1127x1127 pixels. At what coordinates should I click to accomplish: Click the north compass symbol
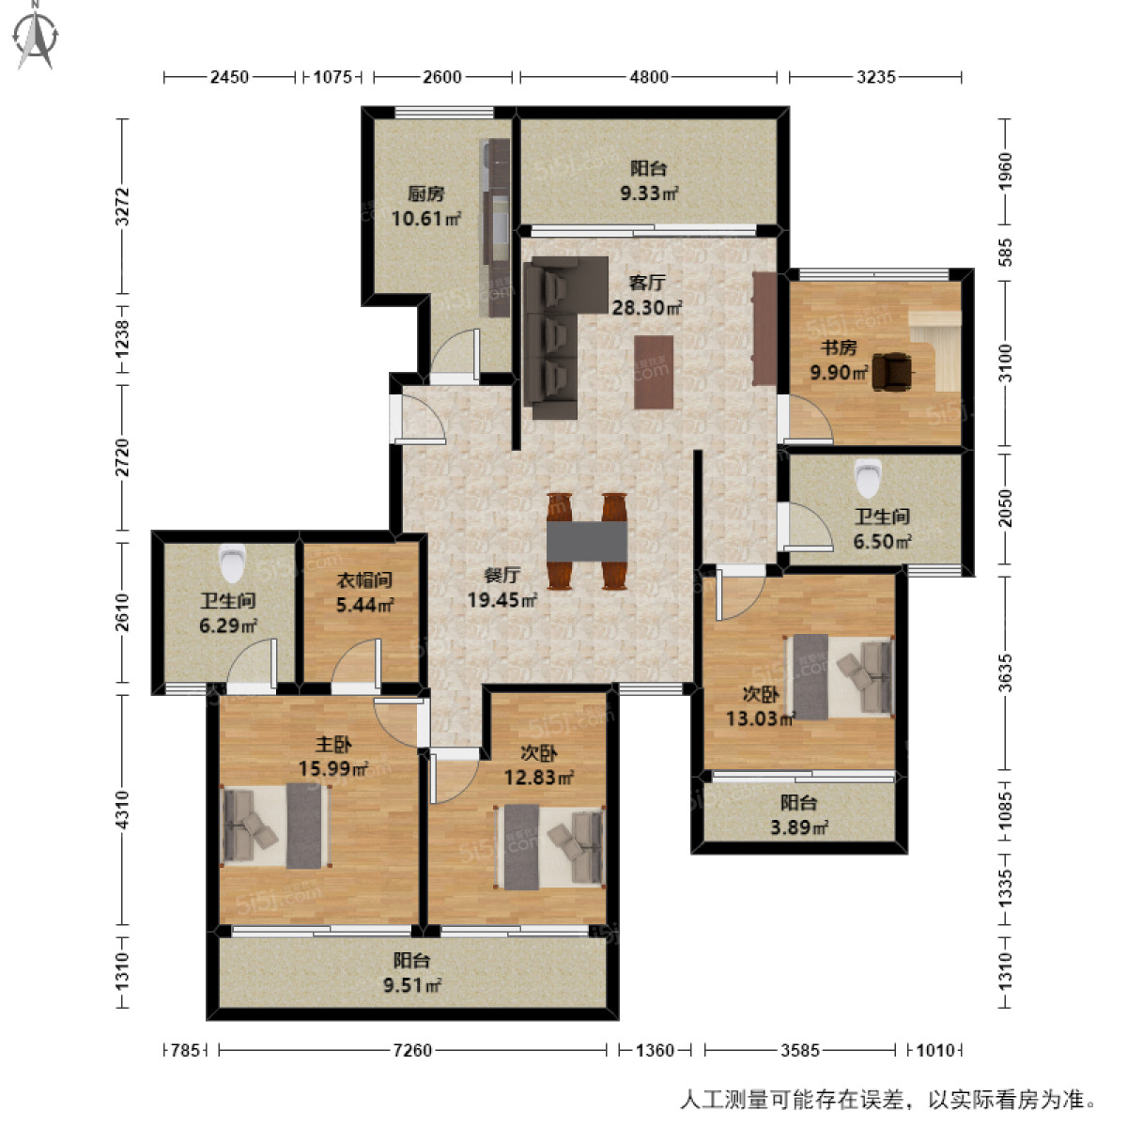pyautogui.click(x=36, y=36)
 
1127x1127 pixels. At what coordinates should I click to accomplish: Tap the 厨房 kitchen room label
pyautogui.click(x=425, y=194)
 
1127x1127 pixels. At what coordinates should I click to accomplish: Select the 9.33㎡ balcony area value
pyautogui.click(x=648, y=193)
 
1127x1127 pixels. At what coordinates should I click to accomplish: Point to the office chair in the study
pyautogui.click(x=891, y=371)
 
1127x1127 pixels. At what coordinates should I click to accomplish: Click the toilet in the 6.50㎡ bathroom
pyautogui.click(x=868, y=476)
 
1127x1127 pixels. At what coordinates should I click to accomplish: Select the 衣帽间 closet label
pyautogui.click(x=364, y=580)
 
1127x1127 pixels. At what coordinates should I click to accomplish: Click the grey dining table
pyautogui.click(x=587, y=541)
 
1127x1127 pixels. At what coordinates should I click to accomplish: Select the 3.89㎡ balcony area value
pyautogui.click(x=798, y=827)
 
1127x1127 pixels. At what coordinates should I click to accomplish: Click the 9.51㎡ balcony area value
pyautogui.click(x=411, y=985)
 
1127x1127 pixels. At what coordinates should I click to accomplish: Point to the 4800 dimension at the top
pyautogui.click(x=649, y=77)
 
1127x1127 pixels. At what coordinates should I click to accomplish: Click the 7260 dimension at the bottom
pyautogui.click(x=411, y=1050)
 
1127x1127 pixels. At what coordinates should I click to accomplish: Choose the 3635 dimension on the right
pyautogui.click(x=1005, y=672)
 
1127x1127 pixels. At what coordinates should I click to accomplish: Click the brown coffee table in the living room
pyautogui.click(x=654, y=372)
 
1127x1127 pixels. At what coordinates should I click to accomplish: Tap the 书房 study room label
pyautogui.click(x=839, y=347)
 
